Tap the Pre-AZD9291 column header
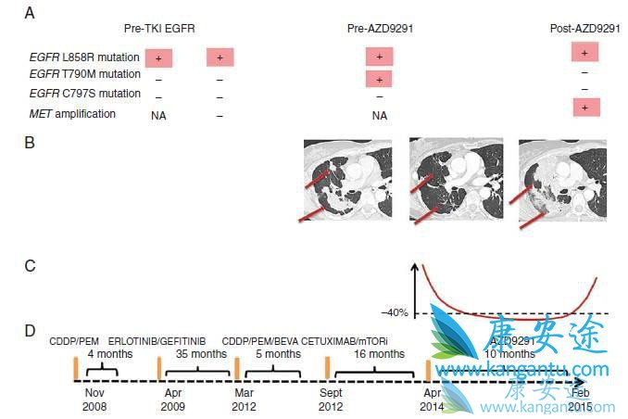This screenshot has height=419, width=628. [x=380, y=29]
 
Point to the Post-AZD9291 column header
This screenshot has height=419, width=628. [x=584, y=29]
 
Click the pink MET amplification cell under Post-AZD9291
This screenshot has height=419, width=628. [x=585, y=108]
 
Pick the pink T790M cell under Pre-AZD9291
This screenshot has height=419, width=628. [x=380, y=78]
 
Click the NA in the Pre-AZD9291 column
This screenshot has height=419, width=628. [x=379, y=116]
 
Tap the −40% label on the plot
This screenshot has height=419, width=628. [x=394, y=311]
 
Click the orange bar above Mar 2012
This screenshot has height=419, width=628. [x=238, y=368]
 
